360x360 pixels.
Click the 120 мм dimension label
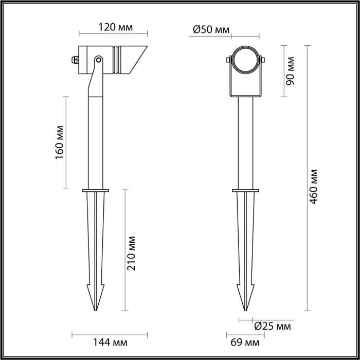click(113, 27)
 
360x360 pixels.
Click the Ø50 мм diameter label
click(211, 29)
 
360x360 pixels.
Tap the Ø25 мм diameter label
click(273, 326)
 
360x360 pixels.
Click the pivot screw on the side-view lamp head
click(98, 61)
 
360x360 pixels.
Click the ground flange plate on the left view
click(95, 191)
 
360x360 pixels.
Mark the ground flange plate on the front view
click(245, 191)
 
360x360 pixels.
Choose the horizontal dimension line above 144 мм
click(110, 332)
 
